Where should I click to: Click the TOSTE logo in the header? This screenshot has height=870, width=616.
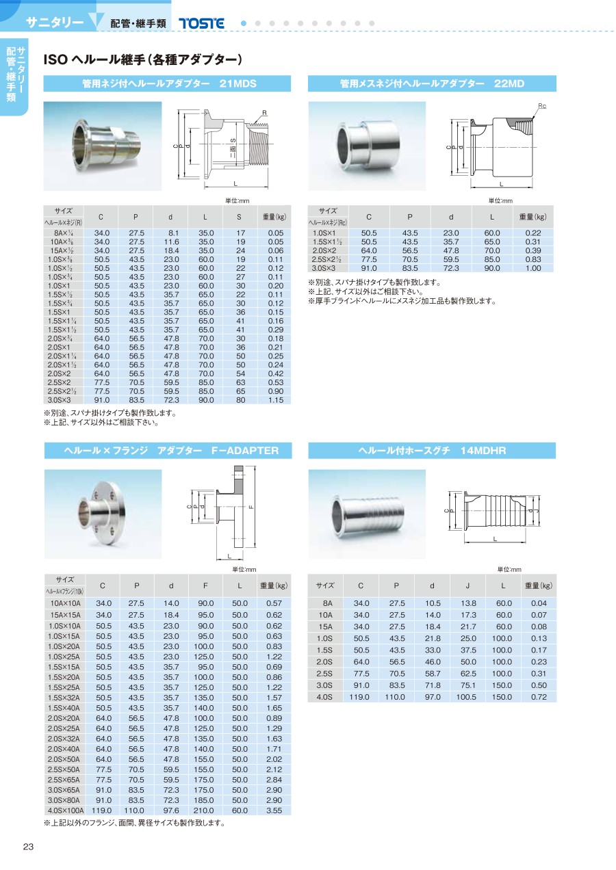click(201, 23)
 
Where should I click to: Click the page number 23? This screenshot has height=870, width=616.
click(28, 847)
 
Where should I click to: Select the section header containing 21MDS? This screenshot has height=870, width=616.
click(168, 84)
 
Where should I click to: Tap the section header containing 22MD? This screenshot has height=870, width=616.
click(432, 84)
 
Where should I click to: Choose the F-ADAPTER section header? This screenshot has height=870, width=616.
click(168, 451)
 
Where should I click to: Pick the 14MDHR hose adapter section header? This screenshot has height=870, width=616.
click(432, 451)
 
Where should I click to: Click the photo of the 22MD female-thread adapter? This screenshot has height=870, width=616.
click(367, 145)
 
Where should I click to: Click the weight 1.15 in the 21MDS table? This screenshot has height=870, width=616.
click(275, 399)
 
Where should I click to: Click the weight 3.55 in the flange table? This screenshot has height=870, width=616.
click(274, 810)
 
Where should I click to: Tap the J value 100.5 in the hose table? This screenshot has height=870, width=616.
click(467, 697)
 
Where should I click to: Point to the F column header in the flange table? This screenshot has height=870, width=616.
click(205, 585)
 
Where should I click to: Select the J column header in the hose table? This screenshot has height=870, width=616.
click(467, 585)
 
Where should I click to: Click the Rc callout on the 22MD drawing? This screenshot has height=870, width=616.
click(541, 107)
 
